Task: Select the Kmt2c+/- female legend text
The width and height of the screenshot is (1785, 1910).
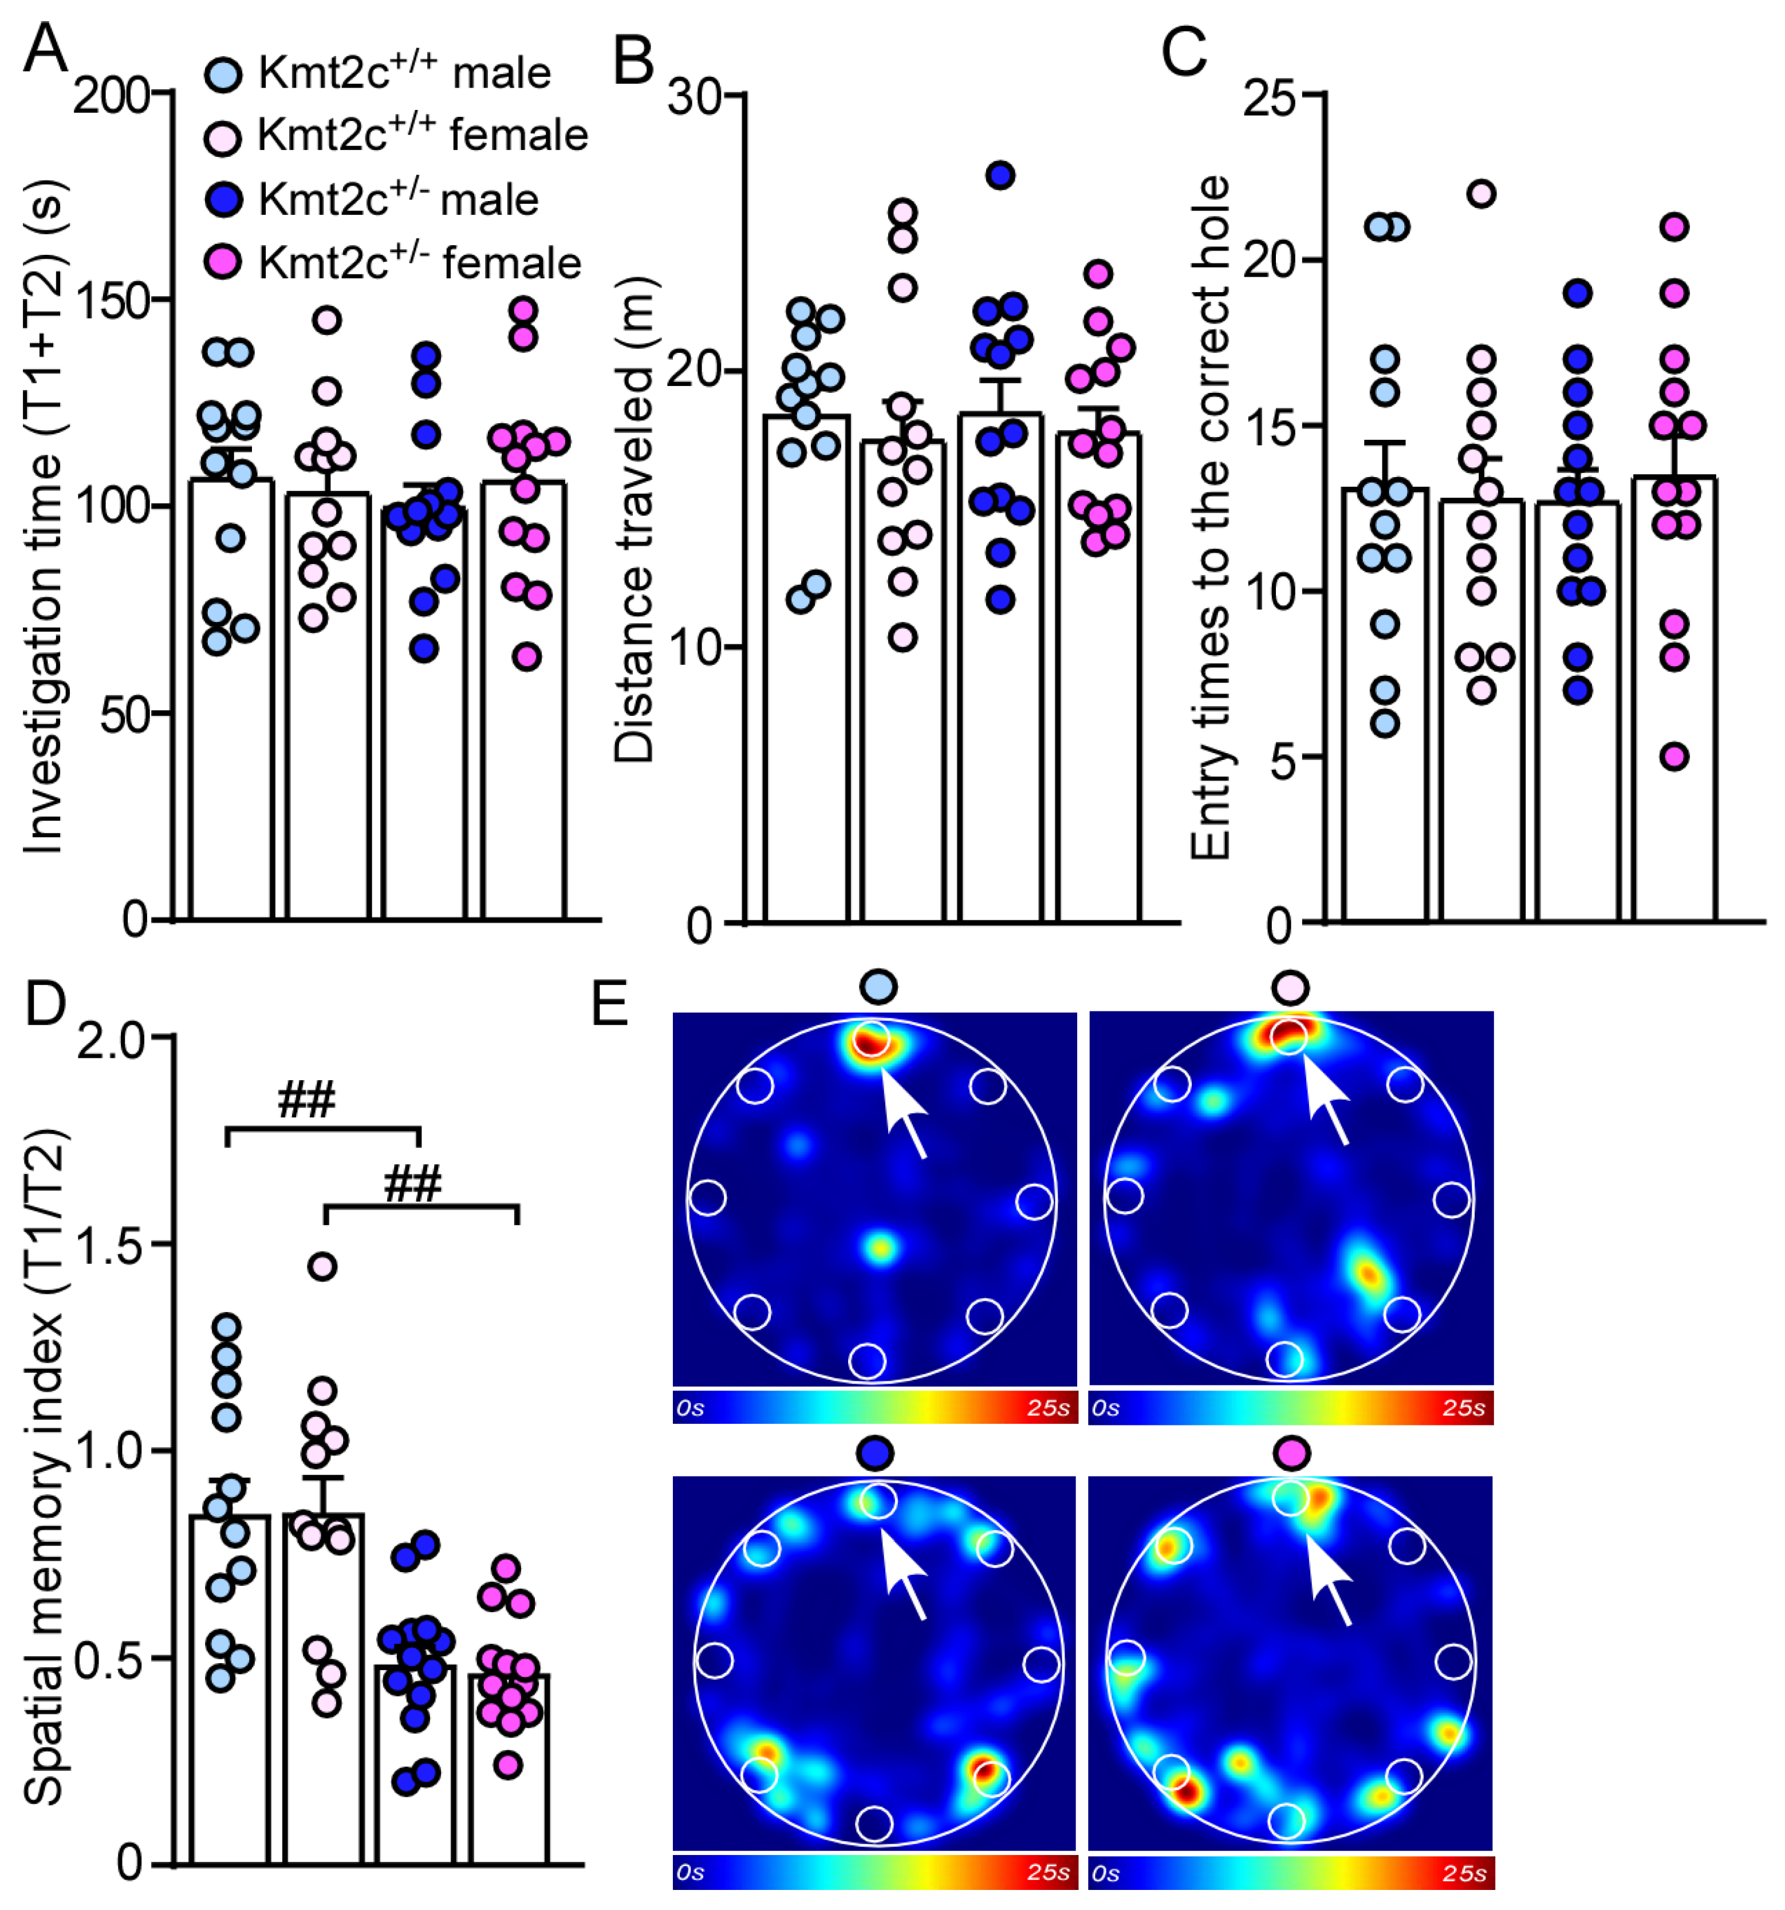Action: (x=420, y=262)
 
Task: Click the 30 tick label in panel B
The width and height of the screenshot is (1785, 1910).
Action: (x=693, y=96)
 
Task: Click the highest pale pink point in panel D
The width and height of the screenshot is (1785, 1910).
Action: (x=323, y=1266)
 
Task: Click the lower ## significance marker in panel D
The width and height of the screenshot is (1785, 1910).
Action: (x=413, y=1184)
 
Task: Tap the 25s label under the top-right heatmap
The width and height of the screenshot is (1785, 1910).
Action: (x=1463, y=1408)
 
